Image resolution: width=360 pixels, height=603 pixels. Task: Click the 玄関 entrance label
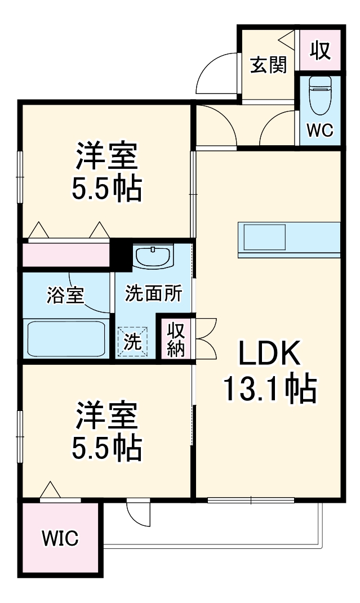(x=269, y=65)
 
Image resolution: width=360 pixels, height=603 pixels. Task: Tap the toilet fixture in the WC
(x=321, y=93)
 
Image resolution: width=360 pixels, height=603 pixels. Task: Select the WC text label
(x=320, y=130)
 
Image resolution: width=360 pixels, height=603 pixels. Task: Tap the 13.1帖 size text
(x=269, y=389)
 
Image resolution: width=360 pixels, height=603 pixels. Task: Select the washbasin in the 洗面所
(x=153, y=257)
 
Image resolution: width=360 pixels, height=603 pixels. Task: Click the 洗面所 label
(x=153, y=293)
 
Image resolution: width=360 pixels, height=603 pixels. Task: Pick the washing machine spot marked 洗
(x=134, y=342)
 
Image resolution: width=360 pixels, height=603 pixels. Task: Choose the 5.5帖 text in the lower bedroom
(x=106, y=448)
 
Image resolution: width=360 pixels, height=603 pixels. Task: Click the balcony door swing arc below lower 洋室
(x=138, y=513)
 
